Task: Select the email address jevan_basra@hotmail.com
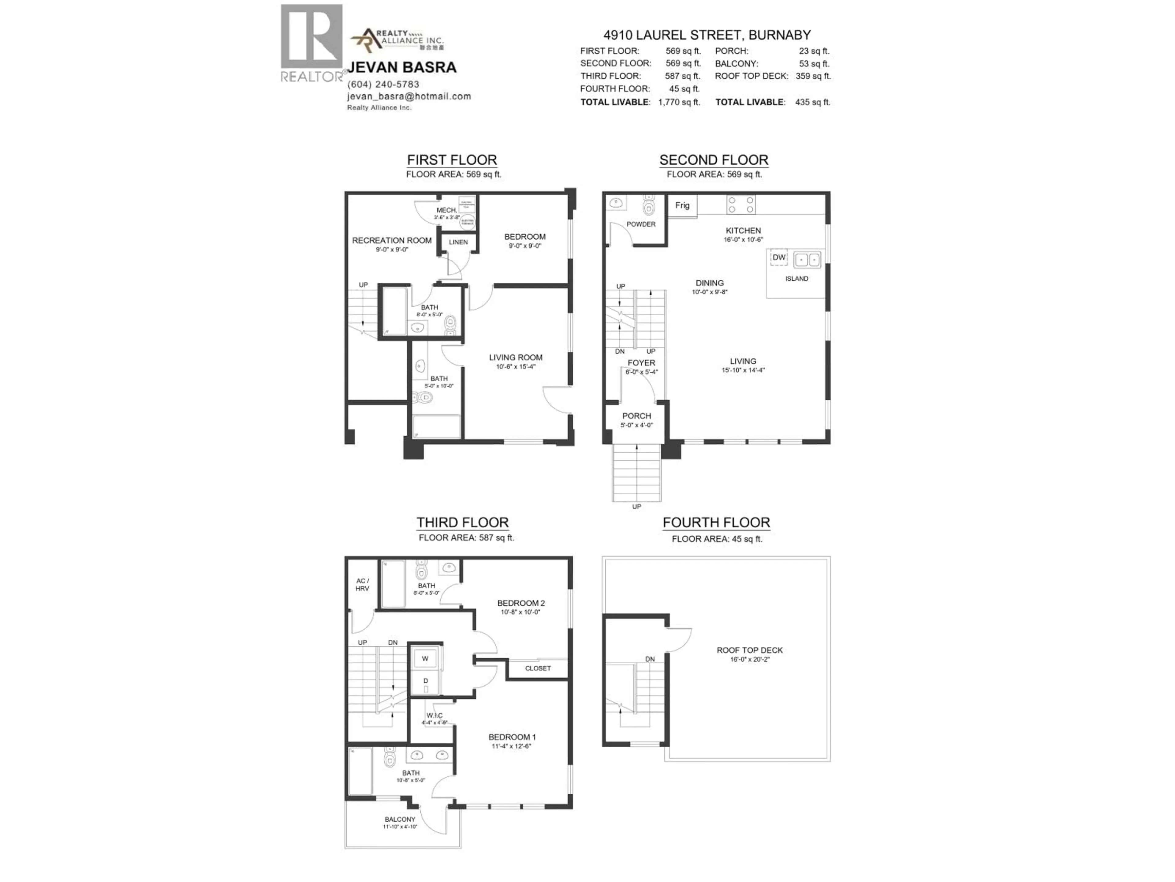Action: (x=409, y=96)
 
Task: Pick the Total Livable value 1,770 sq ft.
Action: (x=679, y=102)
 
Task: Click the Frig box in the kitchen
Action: (x=682, y=205)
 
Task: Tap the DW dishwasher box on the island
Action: (x=779, y=257)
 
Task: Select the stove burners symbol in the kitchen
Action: (x=740, y=205)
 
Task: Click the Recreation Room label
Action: (x=391, y=240)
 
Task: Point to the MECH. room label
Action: (x=447, y=210)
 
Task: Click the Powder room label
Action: (x=641, y=224)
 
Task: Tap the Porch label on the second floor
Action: (x=636, y=416)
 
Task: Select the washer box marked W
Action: (x=425, y=658)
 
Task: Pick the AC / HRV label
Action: (x=362, y=585)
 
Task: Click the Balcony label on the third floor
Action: (x=400, y=819)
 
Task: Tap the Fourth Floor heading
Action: (x=716, y=522)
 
